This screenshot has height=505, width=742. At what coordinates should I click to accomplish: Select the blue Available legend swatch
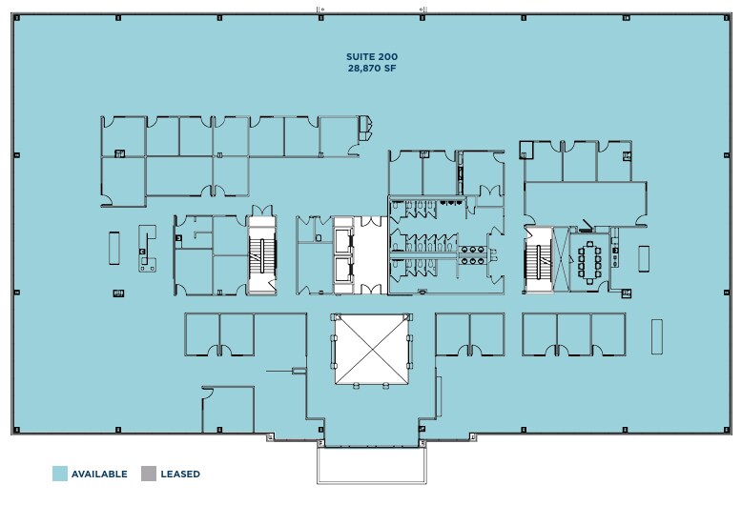(59, 474)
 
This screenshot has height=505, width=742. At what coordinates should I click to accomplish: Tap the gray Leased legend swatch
(148, 474)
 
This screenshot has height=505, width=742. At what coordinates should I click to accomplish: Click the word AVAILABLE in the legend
(99, 474)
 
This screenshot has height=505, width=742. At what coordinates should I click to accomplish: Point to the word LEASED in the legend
(180, 474)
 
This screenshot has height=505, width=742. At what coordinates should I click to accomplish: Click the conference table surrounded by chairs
(591, 257)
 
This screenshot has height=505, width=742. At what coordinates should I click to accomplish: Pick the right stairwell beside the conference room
(537, 257)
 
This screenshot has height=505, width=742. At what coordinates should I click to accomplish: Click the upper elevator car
(343, 239)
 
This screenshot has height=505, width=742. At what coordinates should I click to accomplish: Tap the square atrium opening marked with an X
(372, 350)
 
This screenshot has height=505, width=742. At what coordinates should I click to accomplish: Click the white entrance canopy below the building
(370, 466)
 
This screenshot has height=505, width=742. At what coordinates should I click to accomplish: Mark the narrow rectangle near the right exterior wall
(656, 336)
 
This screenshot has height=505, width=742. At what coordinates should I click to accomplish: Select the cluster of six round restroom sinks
(471, 253)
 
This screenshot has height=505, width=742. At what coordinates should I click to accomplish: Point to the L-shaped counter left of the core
(147, 250)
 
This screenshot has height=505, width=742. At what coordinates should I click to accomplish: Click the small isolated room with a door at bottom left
(228, 409)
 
